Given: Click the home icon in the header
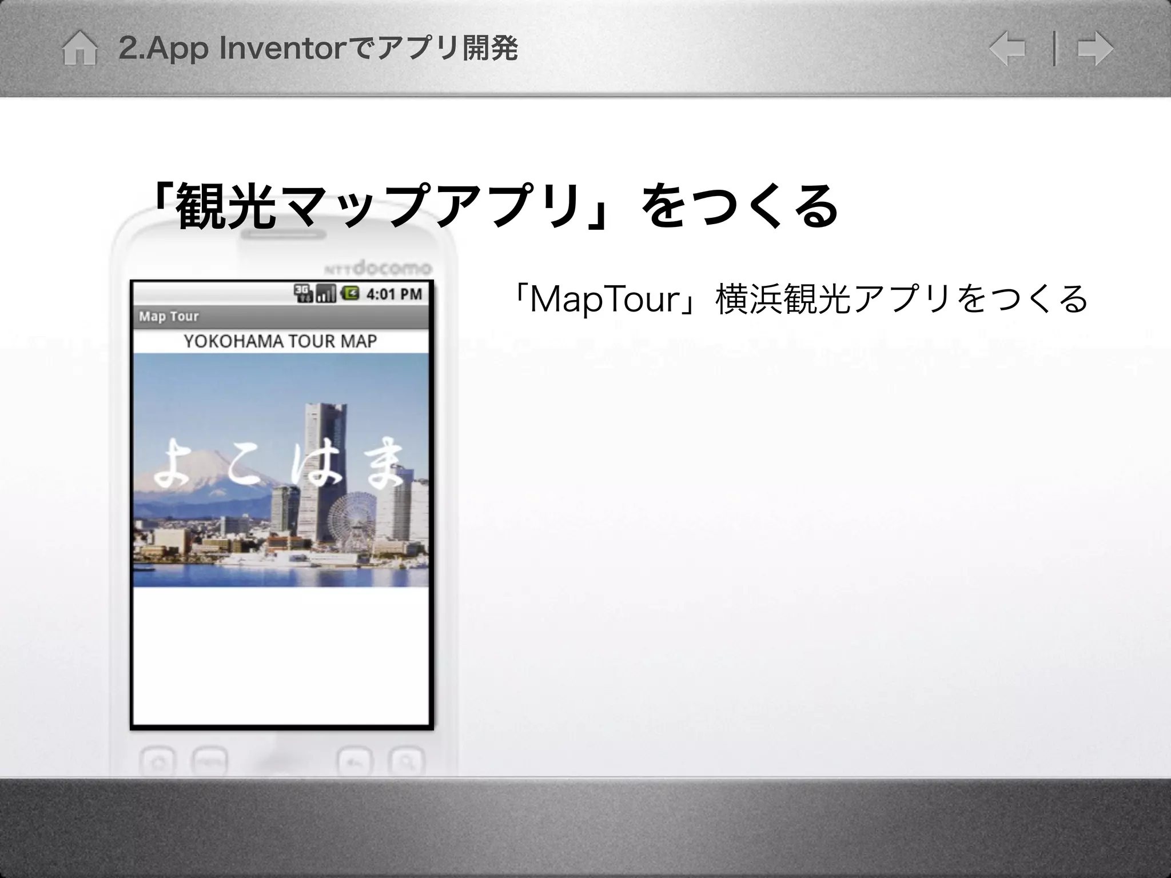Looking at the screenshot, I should pyautogui.click(x=79, y=49).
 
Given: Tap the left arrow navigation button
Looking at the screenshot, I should pyautogui.click(x=1007, y=49).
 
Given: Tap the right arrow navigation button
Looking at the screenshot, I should pyautogui.click(x=1095, y=49).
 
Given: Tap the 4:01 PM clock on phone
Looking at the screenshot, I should pyautogui.click(x=394, y=294).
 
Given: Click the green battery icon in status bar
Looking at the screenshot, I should pyautogui.click(x=350, y=293).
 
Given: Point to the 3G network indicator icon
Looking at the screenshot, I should pyautogui.click(x=303, y=293).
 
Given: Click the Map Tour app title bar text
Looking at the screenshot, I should pyautogui.click(x=169, y=316).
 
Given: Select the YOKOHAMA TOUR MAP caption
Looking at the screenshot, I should pyautogui.click(x=280, y=341).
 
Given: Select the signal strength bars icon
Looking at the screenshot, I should pyautogui.click(x=326, y=293).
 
